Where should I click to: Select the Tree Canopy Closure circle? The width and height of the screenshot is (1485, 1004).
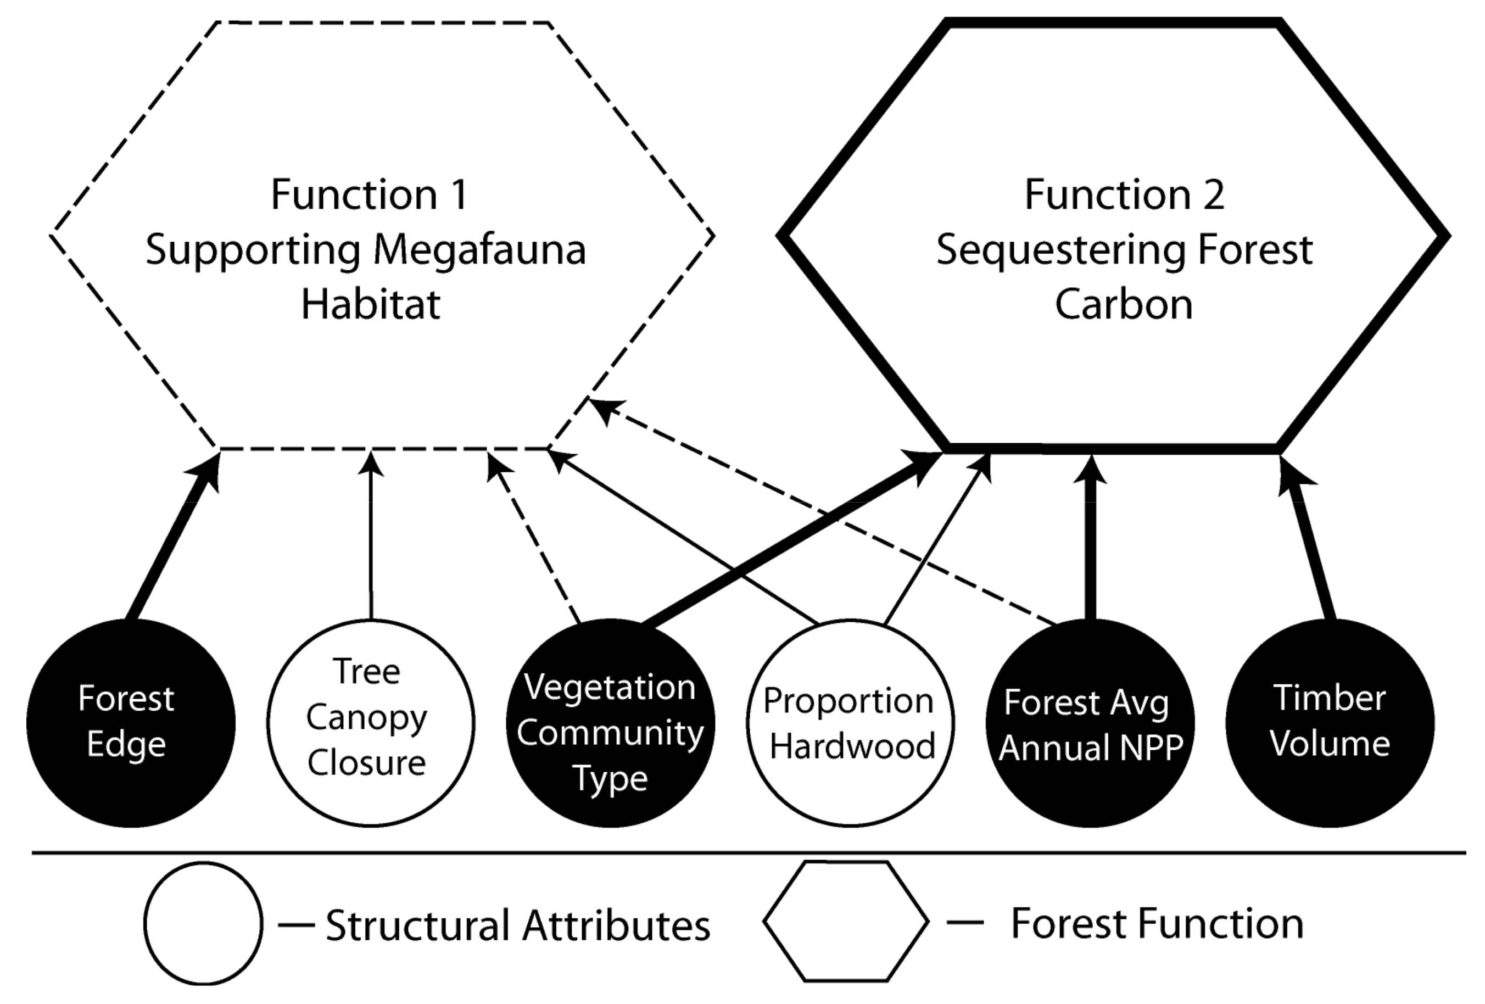(x=371, y=723)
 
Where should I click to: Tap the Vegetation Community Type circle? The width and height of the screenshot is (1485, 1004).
(x=610, y=723)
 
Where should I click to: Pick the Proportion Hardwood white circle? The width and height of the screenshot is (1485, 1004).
(x=850, y=723)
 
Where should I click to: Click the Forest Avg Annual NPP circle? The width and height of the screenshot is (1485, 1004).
(x=1090, y=723)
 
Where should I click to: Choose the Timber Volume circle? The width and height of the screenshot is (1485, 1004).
(x=1330, y=723)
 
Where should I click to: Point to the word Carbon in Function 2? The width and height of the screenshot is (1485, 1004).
(x=1123, y=304)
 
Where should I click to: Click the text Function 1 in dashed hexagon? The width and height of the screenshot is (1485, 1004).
(x=370, y=194)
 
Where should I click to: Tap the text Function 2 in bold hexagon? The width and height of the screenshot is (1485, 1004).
(x=1125, y=194)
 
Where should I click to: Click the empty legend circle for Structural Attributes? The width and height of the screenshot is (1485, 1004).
(x=203, y=923)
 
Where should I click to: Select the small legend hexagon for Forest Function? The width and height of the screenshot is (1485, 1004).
(x=845, y=921)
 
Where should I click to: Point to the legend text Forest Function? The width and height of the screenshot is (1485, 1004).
(x=1157, y=923)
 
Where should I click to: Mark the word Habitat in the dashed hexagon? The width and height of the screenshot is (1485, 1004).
(x=371, y=304)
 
